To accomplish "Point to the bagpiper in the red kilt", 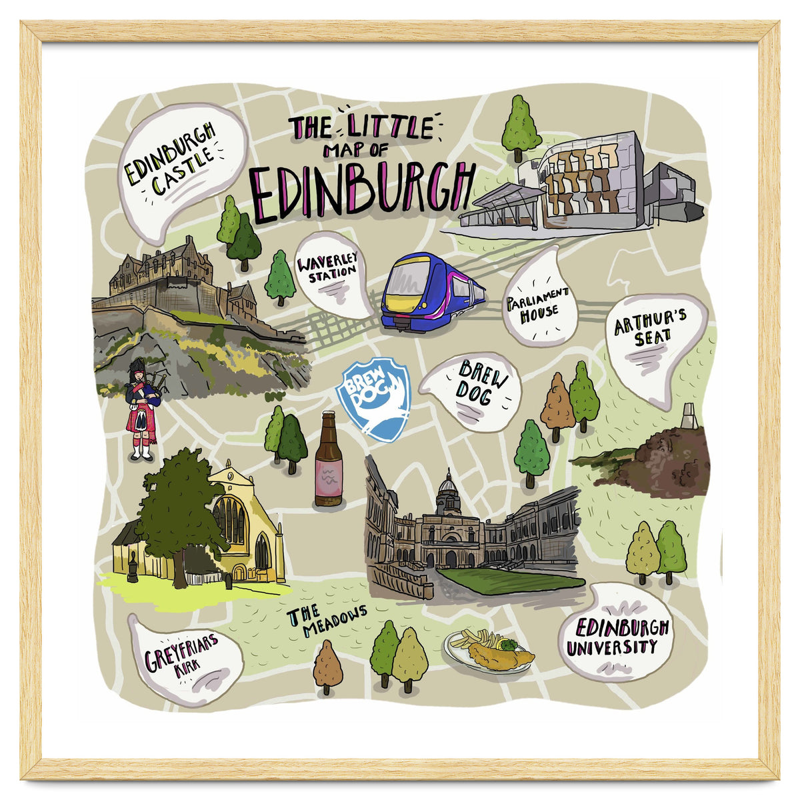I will pyautogui.click(x=141, y=410).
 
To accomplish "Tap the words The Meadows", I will pyautogui.click(x=327, y=620).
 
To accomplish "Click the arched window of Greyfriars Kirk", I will pyautogui.click(x=231, y=520).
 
